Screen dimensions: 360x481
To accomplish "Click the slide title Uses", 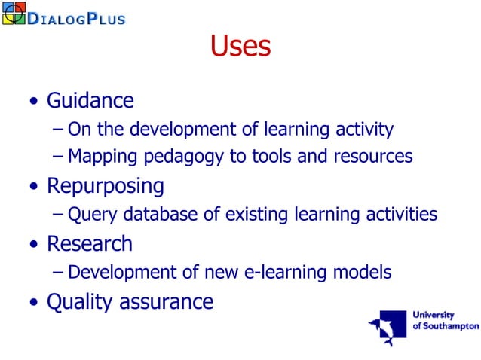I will click(240, 47).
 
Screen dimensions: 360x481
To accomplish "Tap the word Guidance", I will click(90, 101).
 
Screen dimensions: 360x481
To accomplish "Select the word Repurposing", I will click(105, 185).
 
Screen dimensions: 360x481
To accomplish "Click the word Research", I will click(89, 244).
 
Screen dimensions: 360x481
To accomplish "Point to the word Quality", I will click(78, 302).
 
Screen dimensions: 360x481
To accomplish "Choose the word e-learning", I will click(286, 273).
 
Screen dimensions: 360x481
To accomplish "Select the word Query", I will click(89, 215).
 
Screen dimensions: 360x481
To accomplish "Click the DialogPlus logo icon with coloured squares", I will click(14, 13).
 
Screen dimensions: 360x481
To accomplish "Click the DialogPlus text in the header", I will click(76, 17).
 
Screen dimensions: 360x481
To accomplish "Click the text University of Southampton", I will click(446, 320).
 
